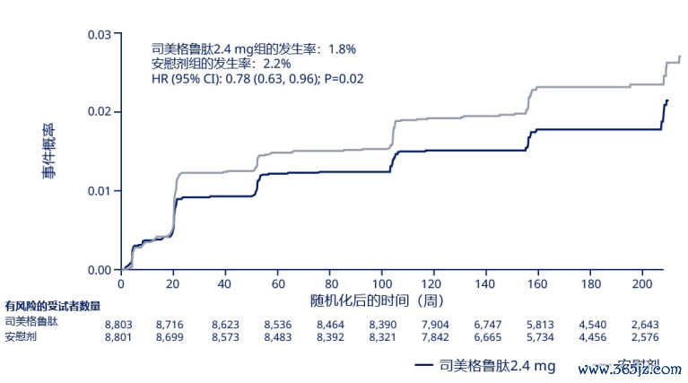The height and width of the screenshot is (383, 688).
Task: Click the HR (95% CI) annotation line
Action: click(258, 79)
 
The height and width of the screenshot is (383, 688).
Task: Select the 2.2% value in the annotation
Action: click(274, 64)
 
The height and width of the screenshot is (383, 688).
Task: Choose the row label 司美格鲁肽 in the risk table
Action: click(32, 322)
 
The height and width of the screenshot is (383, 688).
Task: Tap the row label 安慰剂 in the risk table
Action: click(22, 337)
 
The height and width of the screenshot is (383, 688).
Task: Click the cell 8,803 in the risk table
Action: click(119, 322)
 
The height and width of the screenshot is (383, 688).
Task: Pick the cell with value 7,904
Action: click(437, 322)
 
